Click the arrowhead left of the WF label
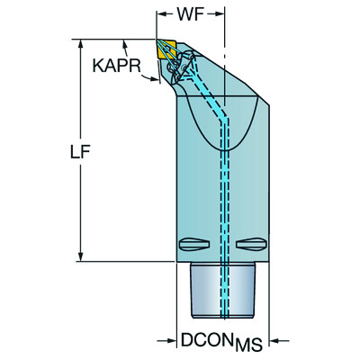[163, 15]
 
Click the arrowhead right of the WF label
[220, 15]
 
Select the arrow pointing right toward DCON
[167, 340]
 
